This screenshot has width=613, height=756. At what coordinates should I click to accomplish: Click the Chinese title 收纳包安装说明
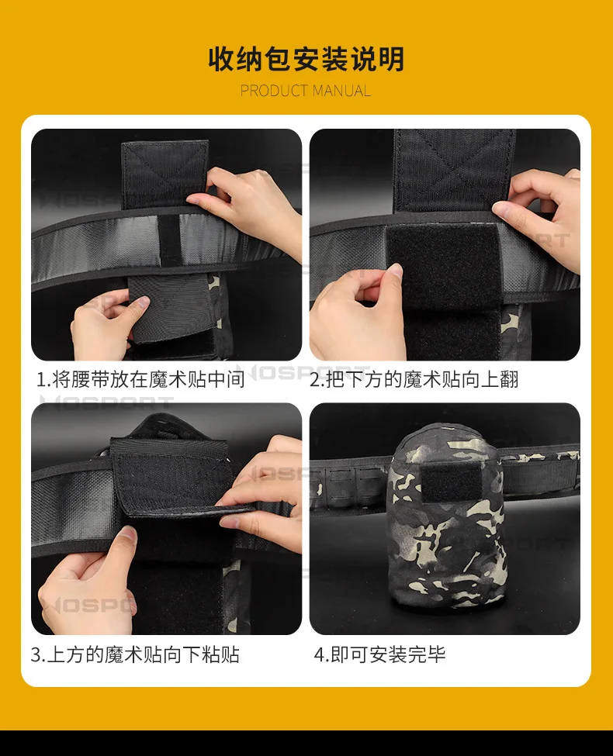(306, 59)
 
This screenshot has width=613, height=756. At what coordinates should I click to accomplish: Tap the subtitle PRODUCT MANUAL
(306, 91)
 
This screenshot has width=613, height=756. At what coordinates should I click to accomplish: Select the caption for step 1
(141, 379)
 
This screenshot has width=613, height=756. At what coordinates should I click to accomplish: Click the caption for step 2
(414, 379)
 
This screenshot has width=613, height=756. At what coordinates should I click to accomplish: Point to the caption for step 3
(135, 654)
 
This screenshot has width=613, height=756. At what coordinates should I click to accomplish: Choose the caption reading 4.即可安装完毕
(380, 654)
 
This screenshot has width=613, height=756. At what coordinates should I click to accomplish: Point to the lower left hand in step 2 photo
(356, 313)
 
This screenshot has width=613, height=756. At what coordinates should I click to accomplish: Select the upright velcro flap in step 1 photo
(165, 174)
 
